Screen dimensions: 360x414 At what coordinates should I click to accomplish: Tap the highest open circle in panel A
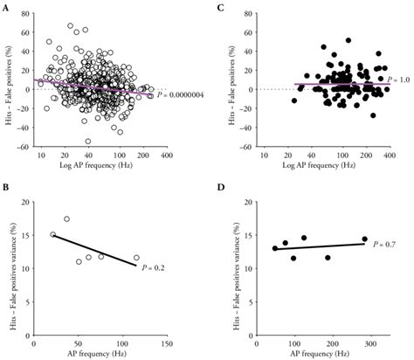[71, 25]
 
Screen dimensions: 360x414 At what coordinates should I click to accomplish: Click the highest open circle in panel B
[66, 219]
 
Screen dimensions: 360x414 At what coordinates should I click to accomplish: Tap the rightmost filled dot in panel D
[364, 239]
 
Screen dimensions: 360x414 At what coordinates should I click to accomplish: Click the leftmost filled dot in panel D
[275, 248]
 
